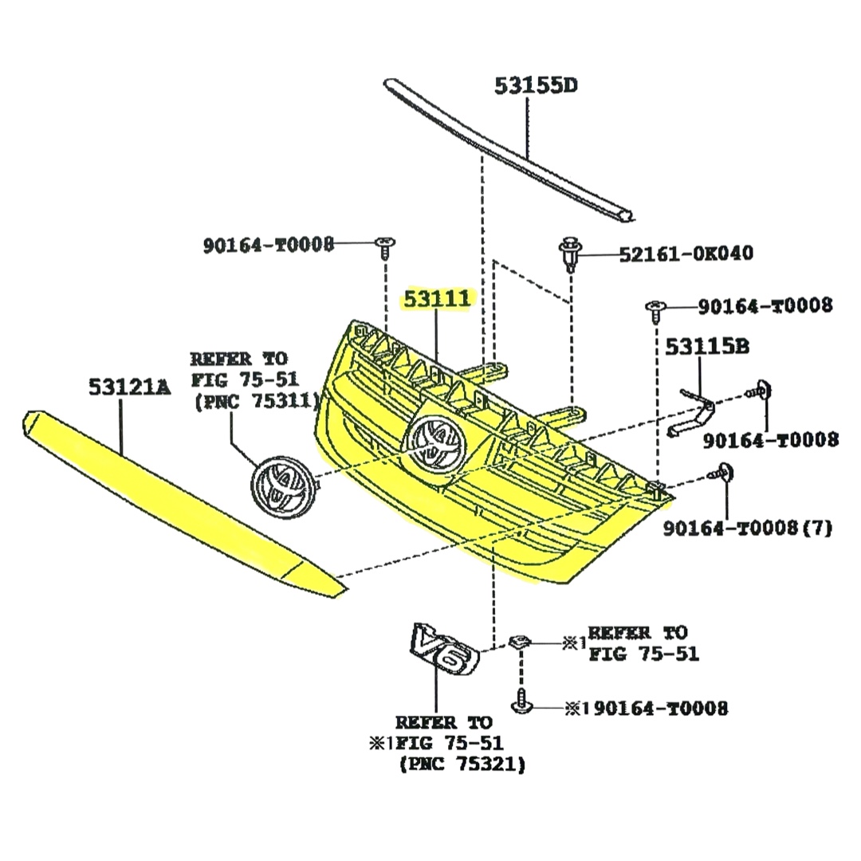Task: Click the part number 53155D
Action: [535, 85]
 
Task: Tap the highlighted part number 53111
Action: [438, 299]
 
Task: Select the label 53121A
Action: [129, 387]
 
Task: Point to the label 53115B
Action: [707, 346]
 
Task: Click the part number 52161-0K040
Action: [686, 254]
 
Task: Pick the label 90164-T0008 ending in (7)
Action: [747, 528]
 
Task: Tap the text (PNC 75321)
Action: [462, 765]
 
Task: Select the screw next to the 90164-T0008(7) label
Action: [723, 474]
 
